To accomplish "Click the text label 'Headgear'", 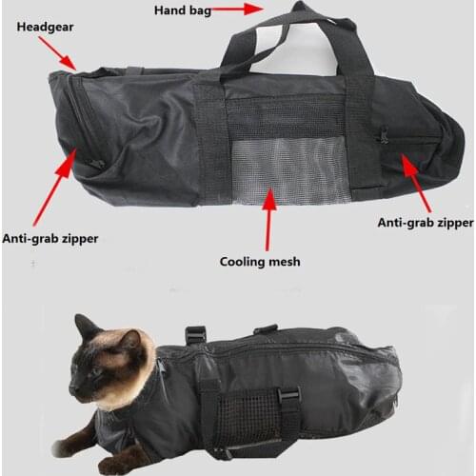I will pyautogui.click(x=46, y=26).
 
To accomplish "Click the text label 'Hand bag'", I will pyautogui.click(x=184, y=10).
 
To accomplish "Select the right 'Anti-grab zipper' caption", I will pyautogui.click(x=425, y=223).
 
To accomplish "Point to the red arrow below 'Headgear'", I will pyautogui.click(x=65, y=54).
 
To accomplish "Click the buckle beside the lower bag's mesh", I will pyautogui.click(x=288, y=394).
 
